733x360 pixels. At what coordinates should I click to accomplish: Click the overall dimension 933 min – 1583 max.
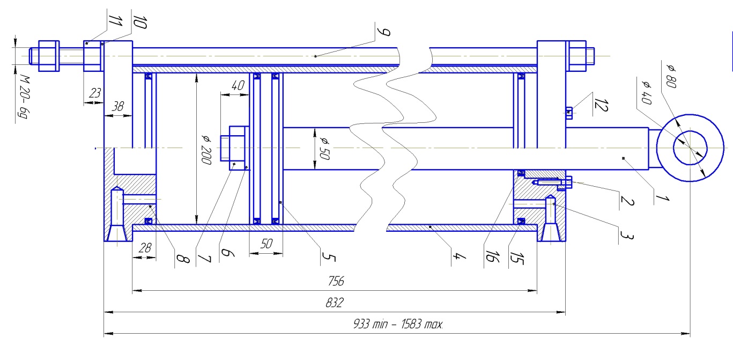398,325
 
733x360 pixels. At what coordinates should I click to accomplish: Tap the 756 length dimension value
335,281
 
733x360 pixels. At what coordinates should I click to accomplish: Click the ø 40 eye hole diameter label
645,91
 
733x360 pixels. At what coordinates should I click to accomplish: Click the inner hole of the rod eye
690,148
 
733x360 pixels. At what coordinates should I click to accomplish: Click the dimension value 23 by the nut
95,92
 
